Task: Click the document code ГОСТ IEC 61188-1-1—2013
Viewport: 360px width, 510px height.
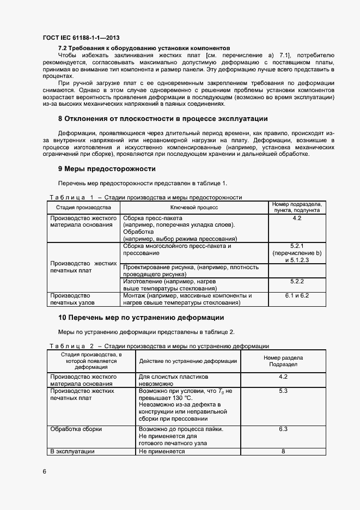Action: (82, 38)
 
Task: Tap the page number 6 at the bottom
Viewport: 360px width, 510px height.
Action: (44, 471)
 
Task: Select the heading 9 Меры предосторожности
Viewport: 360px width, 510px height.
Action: (107, 168)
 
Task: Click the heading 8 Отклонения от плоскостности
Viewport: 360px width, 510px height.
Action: (163, 118)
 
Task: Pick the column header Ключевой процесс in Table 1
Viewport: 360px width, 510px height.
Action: (194, 208)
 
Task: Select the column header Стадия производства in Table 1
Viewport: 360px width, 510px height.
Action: (83, 208)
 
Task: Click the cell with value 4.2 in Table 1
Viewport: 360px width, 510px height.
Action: (297, 218)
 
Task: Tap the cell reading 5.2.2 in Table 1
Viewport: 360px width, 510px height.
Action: (297, 281)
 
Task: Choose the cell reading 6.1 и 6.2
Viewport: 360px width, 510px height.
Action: (297, 295)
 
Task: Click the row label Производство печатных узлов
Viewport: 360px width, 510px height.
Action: (72, 299)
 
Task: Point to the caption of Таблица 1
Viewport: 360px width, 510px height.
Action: (145, 197)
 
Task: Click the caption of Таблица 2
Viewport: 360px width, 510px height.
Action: (159, 346)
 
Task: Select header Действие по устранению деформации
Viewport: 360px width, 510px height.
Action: (188, 361)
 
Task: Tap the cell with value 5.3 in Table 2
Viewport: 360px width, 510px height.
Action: (283, 391)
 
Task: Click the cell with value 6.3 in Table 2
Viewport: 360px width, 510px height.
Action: (283, 429)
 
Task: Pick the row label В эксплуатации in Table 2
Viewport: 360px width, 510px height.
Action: (72, 451)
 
